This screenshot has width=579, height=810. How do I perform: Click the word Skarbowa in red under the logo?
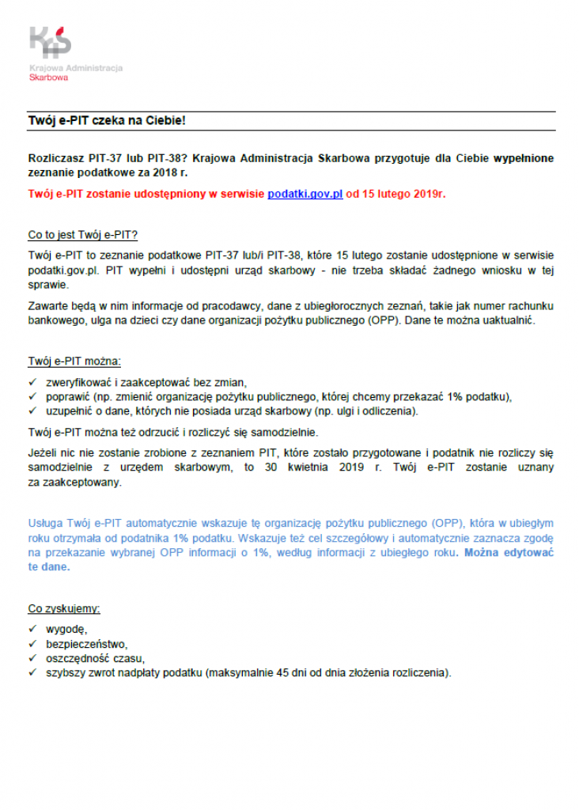pyautogui.click(x=48, y=78)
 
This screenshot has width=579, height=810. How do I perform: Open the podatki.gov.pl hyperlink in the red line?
pyautogui.click(x=305, y=194)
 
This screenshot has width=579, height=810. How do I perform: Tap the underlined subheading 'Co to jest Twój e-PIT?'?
pyautogui.click(x=83, y=235)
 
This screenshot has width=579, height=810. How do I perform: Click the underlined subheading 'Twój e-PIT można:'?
pyautogui.click(x=74, y=361)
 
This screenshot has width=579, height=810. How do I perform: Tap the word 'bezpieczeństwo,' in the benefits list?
pyautogui.click(x=86, y=644)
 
